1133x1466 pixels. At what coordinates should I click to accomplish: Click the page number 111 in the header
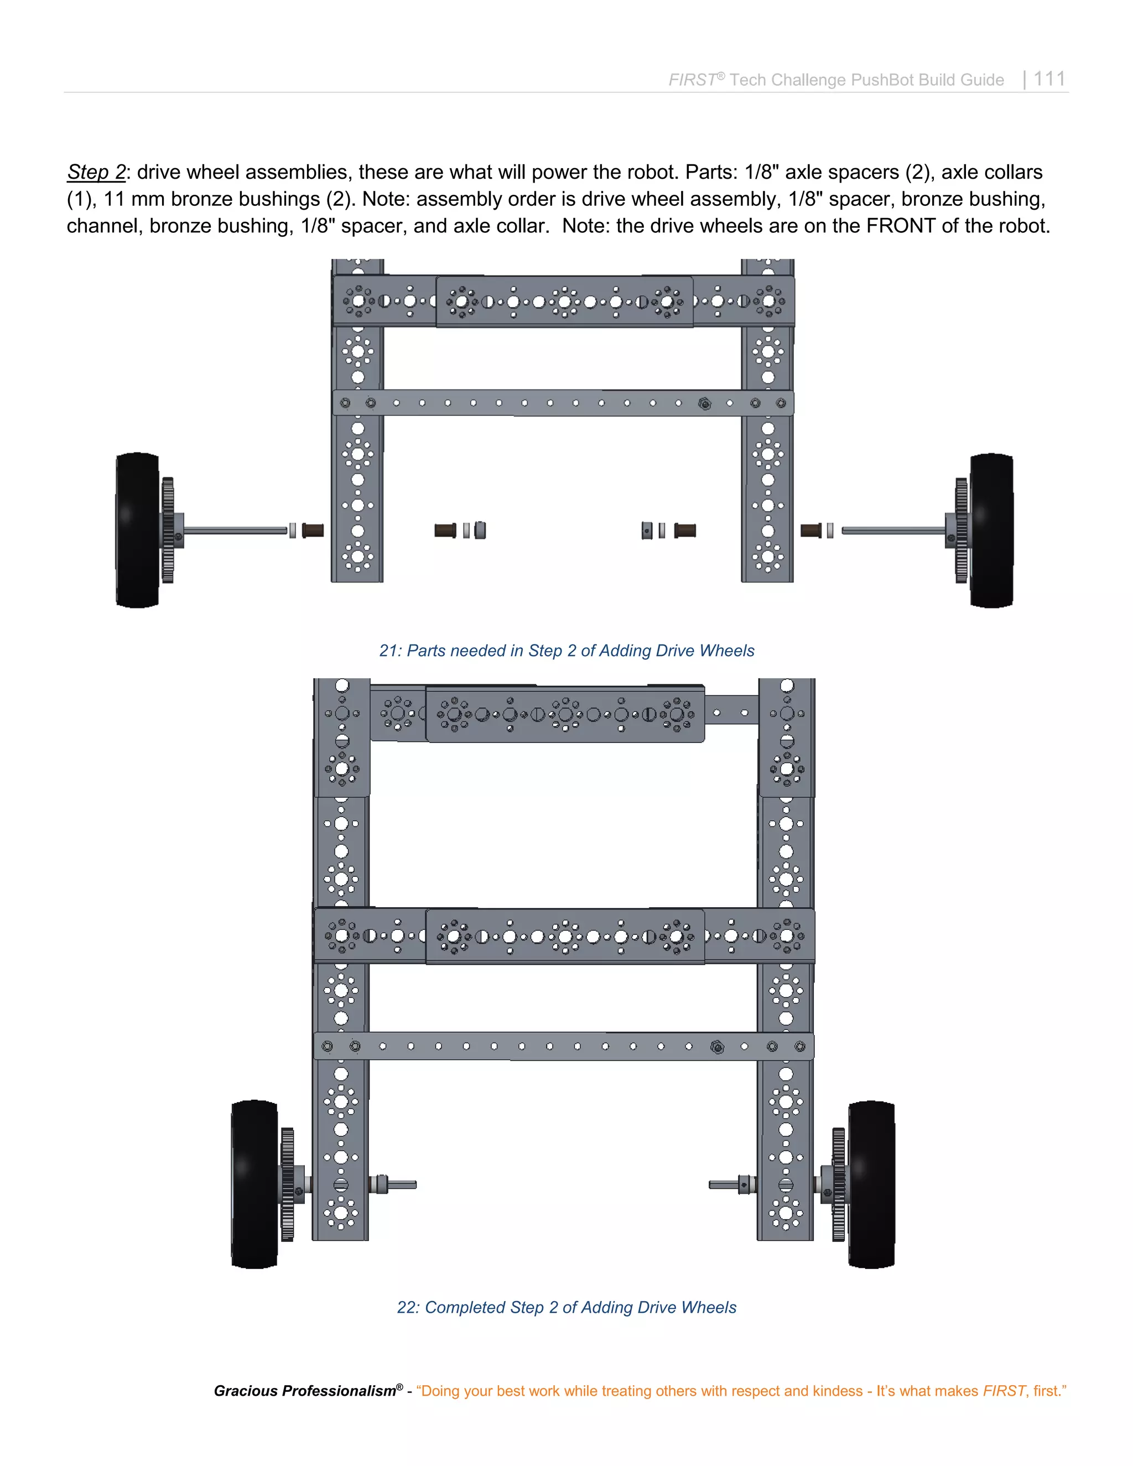(1049, 79)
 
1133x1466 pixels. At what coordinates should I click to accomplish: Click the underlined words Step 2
(96, 173)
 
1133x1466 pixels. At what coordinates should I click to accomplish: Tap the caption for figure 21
(566, 651)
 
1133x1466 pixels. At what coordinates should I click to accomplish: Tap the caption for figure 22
(566, 1307)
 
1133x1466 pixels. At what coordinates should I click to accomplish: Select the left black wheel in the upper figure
(138, 531)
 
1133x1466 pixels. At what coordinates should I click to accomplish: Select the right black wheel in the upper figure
(991, 531)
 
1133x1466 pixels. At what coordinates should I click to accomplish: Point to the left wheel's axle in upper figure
(235, 531)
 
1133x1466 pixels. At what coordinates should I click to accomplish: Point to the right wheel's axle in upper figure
(893, 531)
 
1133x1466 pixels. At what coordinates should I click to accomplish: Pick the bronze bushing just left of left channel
(313, 531)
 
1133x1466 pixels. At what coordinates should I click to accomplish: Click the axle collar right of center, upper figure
(646, 531)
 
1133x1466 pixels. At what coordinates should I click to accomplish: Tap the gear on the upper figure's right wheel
(961, 531)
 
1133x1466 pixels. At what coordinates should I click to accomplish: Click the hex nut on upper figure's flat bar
(704, 403)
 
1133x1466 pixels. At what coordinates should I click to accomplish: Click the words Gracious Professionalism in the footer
(305, 1390)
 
